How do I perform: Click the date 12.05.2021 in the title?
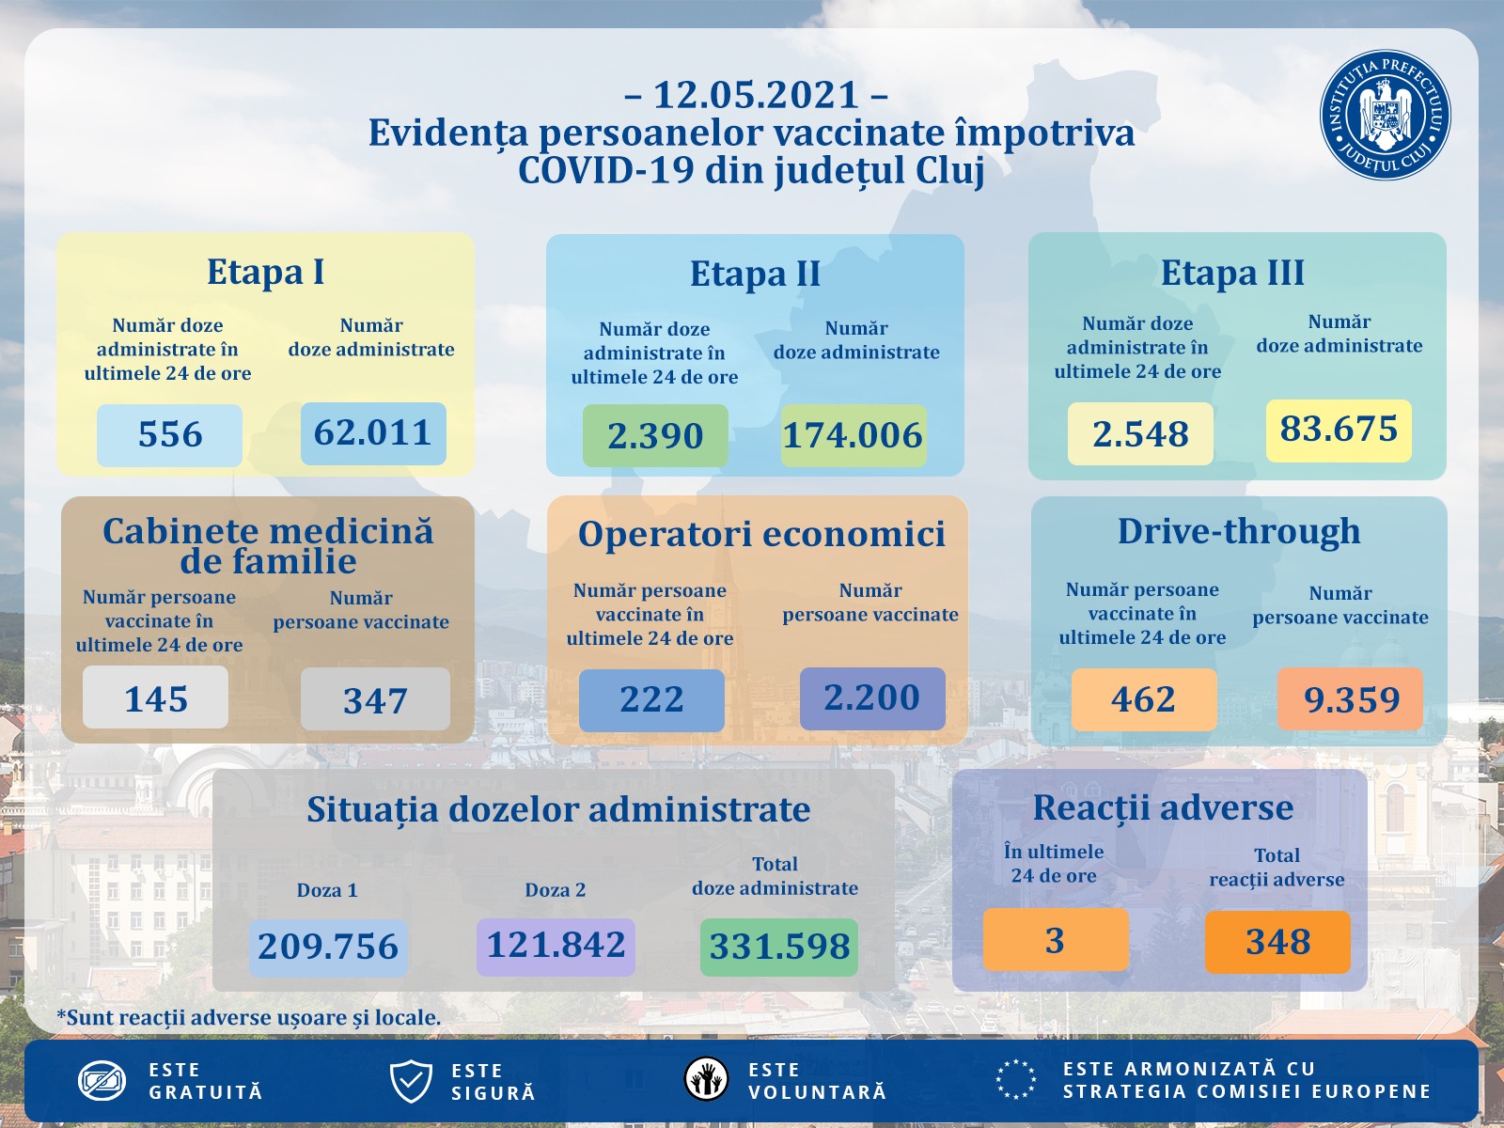pos(756,95)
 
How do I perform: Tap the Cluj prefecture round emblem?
pos(1385,116)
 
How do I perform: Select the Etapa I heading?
pos(265,272)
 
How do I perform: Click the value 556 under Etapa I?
pos(169,435)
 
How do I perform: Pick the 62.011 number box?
pos(373,433)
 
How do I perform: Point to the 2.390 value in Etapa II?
pos(655,436)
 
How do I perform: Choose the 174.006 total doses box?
pos(854,436)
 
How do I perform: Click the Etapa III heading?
pos(1232,273)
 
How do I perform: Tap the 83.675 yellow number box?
pos(1339,430)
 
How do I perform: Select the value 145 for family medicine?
pos(156,698)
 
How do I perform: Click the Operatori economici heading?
pos(761,534)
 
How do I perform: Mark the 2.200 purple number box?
pos(872,698)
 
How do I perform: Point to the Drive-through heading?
pos(1239,531)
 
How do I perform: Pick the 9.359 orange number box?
pos(1351,699)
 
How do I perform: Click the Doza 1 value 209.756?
pos(328,947)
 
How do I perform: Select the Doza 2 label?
pos(555,890)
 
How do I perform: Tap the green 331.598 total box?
pos(779,947)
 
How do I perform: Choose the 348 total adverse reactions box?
pos(1277,942)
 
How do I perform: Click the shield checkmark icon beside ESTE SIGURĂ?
pos(411,1081)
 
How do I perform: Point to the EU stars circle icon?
pos(1016,1079)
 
